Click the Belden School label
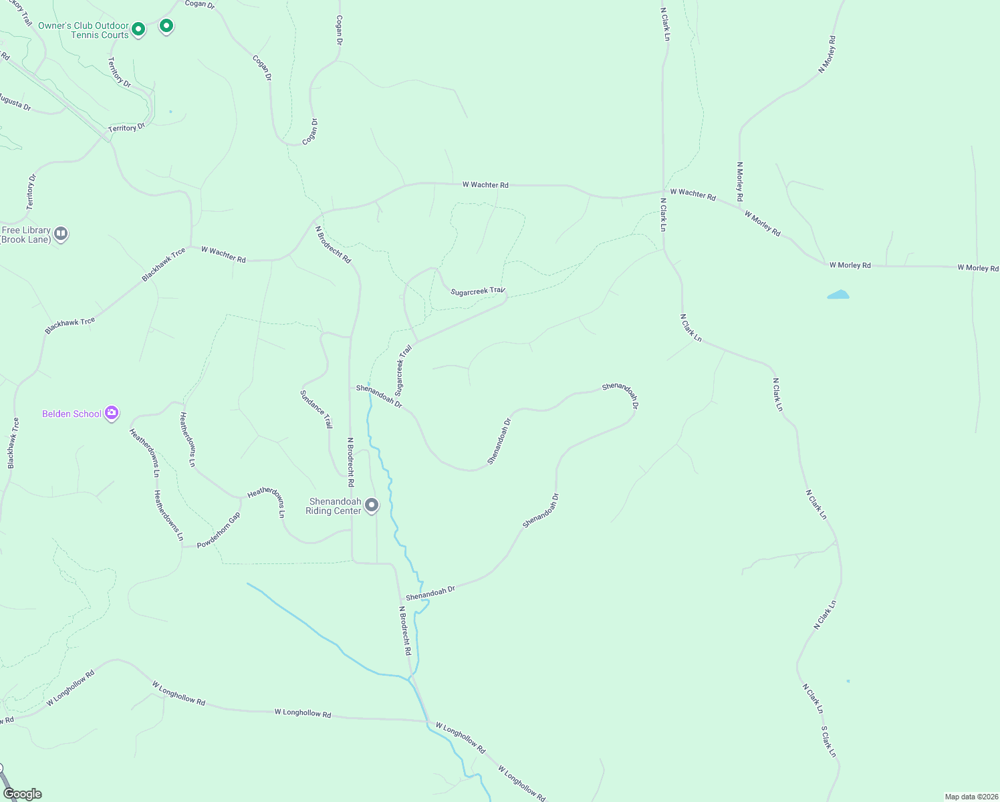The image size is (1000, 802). pos(72,414)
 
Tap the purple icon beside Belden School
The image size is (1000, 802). pos(112,413)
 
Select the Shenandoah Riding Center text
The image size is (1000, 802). pos(334,507)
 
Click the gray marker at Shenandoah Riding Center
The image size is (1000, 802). pos(372,505)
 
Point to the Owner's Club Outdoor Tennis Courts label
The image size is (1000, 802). pos(83,31)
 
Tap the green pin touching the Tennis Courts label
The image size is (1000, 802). pos(138,29)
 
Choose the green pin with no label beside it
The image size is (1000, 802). pos(166,26)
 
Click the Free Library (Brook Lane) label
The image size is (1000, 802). pos(26,235)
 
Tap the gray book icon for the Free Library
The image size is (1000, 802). pos(61,233)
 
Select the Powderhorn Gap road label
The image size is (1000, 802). pos(218,531)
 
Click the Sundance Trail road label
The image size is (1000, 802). pos(316,409)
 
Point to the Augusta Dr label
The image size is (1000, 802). pos(14,102)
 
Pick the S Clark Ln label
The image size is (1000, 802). pos(828,741)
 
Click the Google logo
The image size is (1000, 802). pos(23,794)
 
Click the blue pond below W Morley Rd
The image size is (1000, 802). pos(838,295)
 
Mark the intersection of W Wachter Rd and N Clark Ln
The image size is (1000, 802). pos(663,192)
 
